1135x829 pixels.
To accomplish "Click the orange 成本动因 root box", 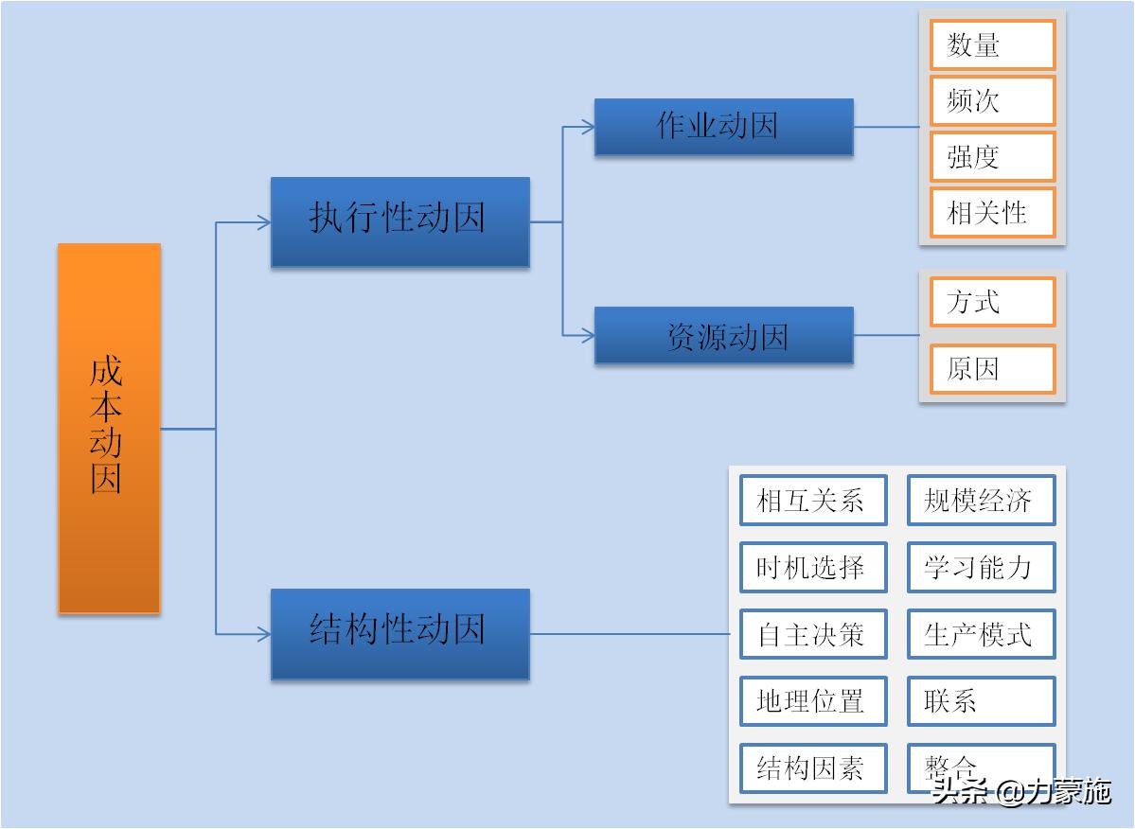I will click(109, 428).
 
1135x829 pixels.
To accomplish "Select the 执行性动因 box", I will click(399, 221).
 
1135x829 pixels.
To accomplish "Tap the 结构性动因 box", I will click(399, 633).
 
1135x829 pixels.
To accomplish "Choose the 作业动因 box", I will click(723, 127).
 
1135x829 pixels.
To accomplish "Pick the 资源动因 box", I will click(723, 335).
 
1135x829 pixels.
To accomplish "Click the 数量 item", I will click(992, 45).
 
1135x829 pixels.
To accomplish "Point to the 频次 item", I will click(992, 101).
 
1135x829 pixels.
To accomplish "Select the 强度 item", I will click(992, 157).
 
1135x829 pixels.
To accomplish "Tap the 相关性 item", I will click(992, 212).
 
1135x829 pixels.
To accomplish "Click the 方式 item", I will click(992, 303).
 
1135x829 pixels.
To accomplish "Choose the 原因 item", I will click(992, 369).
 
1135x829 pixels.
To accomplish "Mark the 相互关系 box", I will click(813, 500).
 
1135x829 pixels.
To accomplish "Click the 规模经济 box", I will click(981, 500).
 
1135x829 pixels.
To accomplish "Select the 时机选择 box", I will click(813, 567).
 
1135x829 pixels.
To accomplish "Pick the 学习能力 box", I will click(981, 567).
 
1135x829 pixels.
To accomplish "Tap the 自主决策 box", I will click(813, 634).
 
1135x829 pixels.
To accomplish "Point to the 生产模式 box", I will click(981, 634).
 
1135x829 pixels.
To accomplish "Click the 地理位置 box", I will click(813, 701).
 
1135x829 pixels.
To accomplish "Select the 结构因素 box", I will click(813, 768).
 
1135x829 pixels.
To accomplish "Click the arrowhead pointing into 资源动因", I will click(588, 335).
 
